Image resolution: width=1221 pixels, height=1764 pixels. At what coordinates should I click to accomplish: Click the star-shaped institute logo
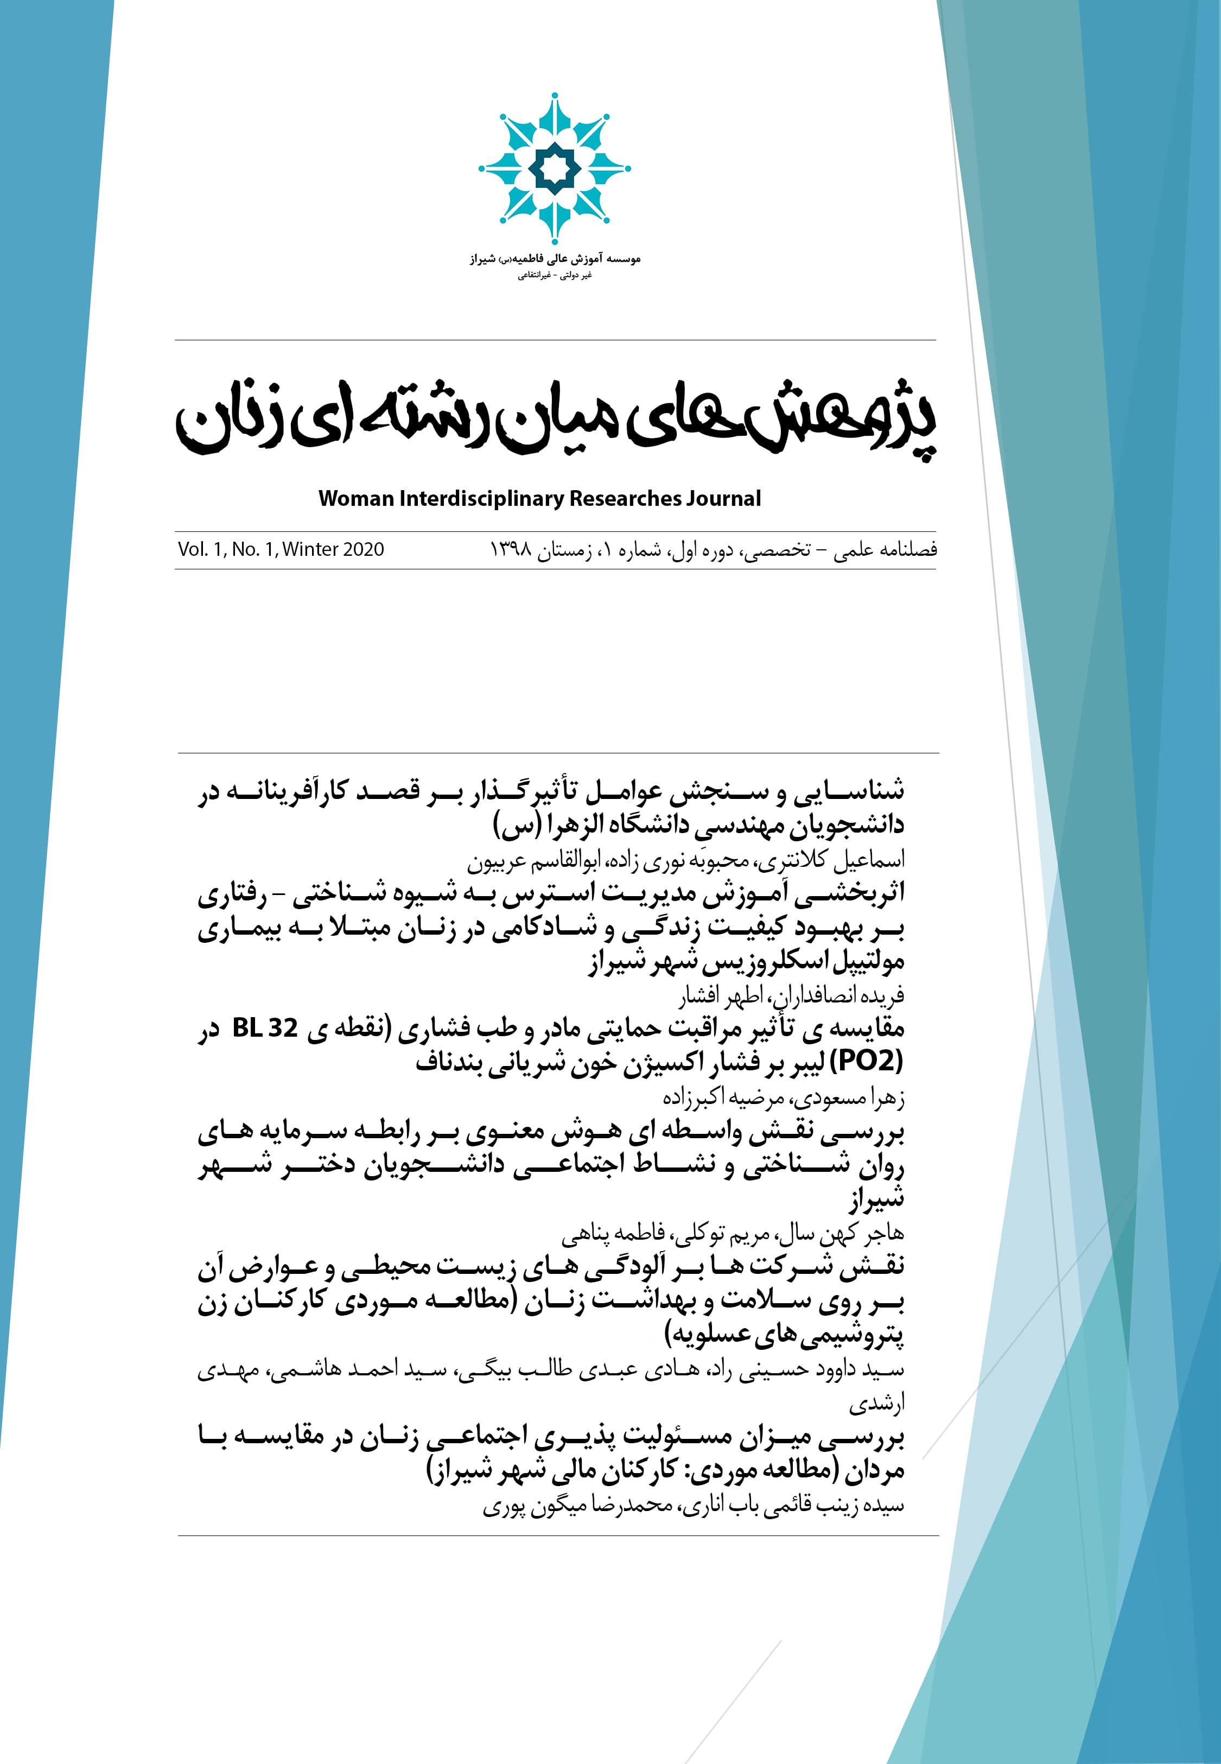[x=555, y=168]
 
